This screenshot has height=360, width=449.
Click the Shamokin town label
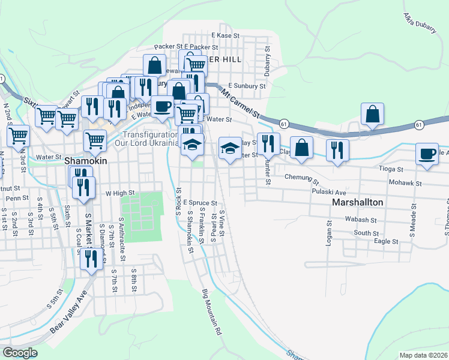81,161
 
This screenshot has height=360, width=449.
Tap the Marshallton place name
357,203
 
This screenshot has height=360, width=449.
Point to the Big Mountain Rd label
213,311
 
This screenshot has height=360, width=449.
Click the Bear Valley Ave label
68,313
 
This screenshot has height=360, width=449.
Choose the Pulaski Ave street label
329,192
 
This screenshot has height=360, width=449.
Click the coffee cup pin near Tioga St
427,154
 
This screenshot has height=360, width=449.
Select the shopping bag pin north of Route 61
372,113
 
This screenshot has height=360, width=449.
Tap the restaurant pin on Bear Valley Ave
91,259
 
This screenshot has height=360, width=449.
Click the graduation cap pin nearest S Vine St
228,148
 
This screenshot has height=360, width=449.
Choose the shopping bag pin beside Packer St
154,65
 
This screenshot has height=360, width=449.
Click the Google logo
20,353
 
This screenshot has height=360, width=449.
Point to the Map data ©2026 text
423,355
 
